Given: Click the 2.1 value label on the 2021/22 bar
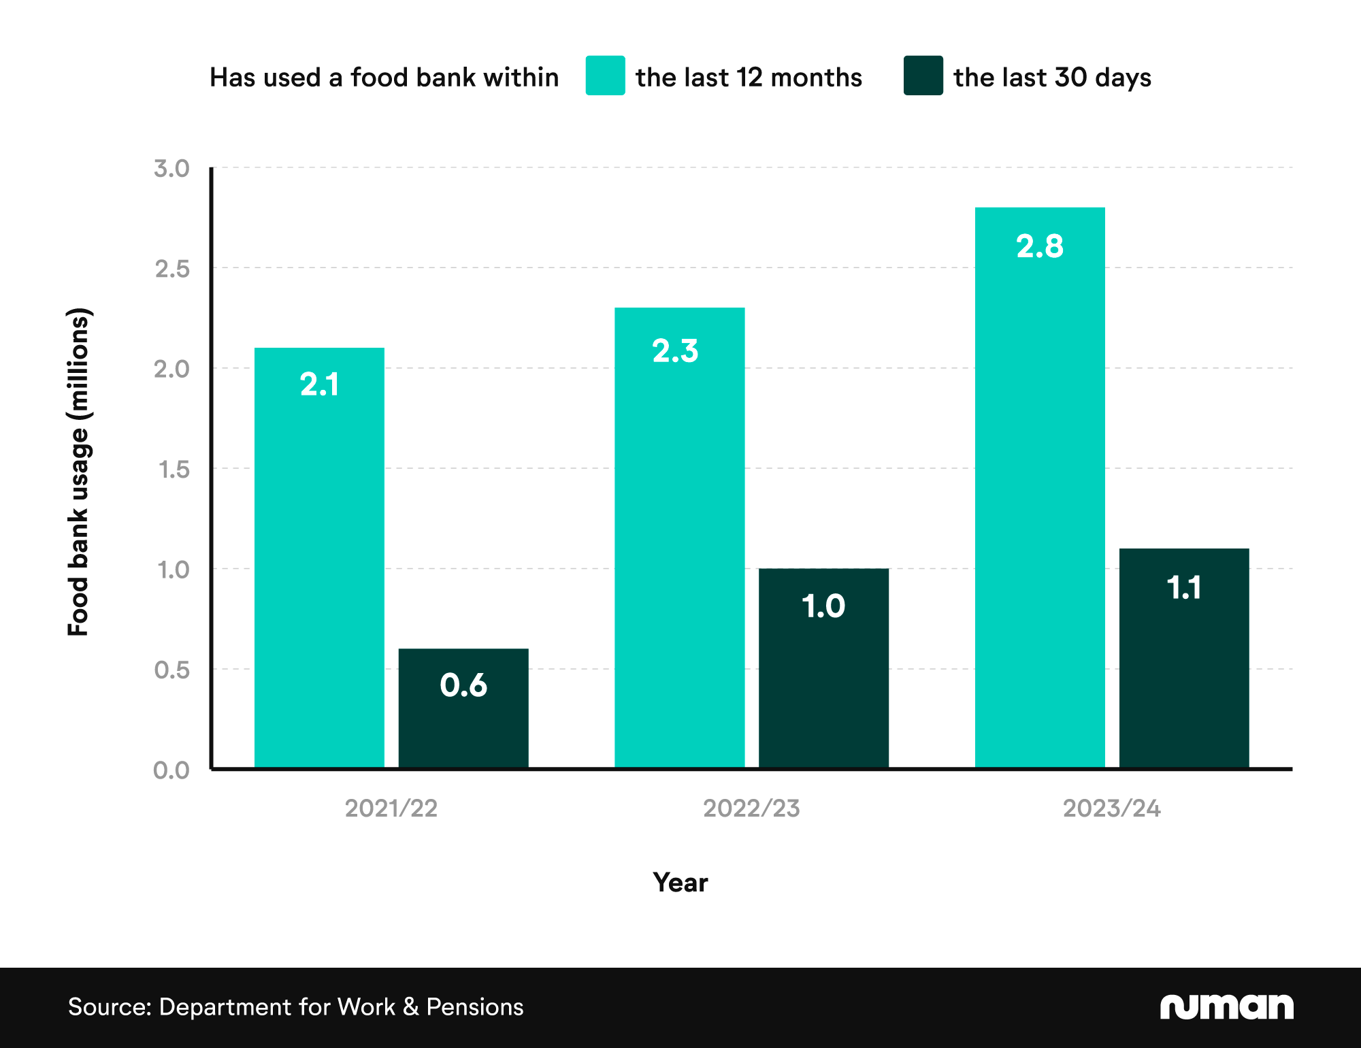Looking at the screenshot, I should pos(319,384).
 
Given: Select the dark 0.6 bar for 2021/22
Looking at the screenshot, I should pos(463,721).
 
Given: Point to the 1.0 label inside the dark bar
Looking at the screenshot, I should pos(823,606).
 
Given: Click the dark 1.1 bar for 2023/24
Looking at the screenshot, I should pos(1184,674).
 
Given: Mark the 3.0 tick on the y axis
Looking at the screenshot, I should pos(171,168).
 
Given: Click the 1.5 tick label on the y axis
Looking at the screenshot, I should pos(173,469).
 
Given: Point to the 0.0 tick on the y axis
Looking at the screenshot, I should pos(171,770).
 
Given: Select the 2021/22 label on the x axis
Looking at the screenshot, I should pos(391,808).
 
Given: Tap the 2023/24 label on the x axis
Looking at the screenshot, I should pos(1112,808).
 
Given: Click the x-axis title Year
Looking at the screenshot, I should pos(680,883).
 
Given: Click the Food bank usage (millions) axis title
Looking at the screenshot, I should pos(79,472).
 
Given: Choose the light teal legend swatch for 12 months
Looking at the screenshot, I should pos(605,76).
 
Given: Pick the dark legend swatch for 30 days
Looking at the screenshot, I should pos(923,76).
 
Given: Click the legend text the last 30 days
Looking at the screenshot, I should pos(1052,78).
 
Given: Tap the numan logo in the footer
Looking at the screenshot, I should pos(1226,1006).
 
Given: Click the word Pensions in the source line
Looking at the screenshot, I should pos(475,1007).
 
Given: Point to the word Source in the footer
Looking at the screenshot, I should pos(109,1007).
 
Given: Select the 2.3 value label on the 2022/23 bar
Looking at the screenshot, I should pos(675,350).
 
